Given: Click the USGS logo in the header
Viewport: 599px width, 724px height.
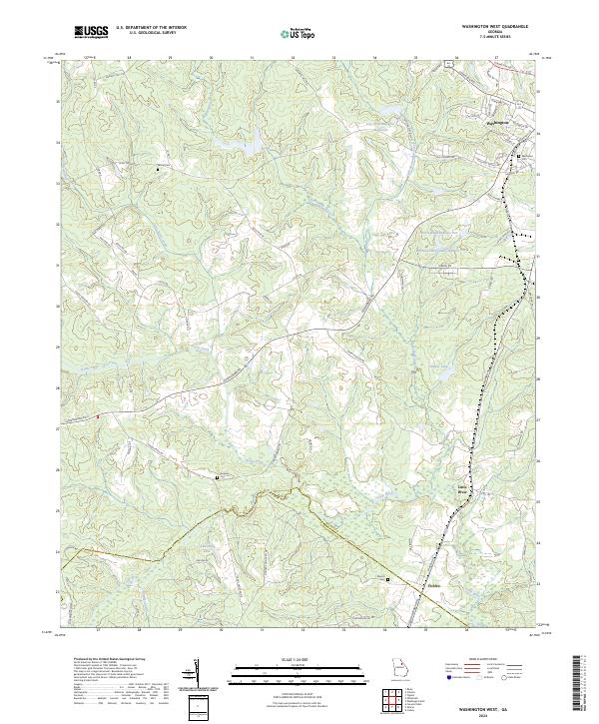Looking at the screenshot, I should [90, 32].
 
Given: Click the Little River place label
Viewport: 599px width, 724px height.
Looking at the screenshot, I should [461, 490].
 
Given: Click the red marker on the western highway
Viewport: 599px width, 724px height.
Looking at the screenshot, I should [98, 416].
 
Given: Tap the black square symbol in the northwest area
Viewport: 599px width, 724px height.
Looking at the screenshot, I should [157, 170].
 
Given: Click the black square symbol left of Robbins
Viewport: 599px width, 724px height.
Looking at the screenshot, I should [389, 578].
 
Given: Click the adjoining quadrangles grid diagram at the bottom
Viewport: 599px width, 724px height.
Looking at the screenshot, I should [396, 700].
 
